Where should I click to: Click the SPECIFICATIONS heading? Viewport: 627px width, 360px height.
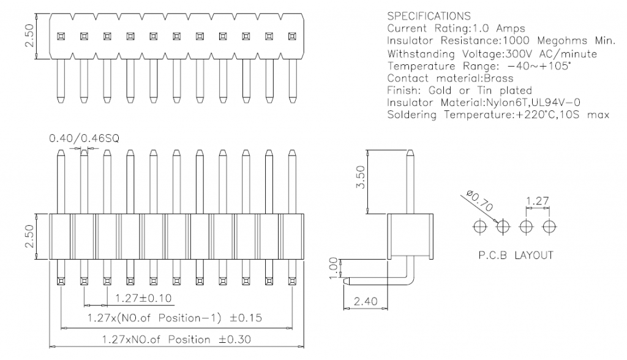point(429,16)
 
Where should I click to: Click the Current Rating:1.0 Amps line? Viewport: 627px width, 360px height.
point(456,28)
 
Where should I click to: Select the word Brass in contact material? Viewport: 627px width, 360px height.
point(498,78)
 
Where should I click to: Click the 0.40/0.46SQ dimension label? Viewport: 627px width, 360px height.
point(83,140)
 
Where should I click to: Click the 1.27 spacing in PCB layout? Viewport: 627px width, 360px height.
point(537,200)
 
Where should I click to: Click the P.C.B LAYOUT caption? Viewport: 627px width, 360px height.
point(515,255)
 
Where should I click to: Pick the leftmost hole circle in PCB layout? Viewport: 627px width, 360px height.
point(479,227)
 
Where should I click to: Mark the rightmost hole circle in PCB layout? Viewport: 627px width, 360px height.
point(549,227)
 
